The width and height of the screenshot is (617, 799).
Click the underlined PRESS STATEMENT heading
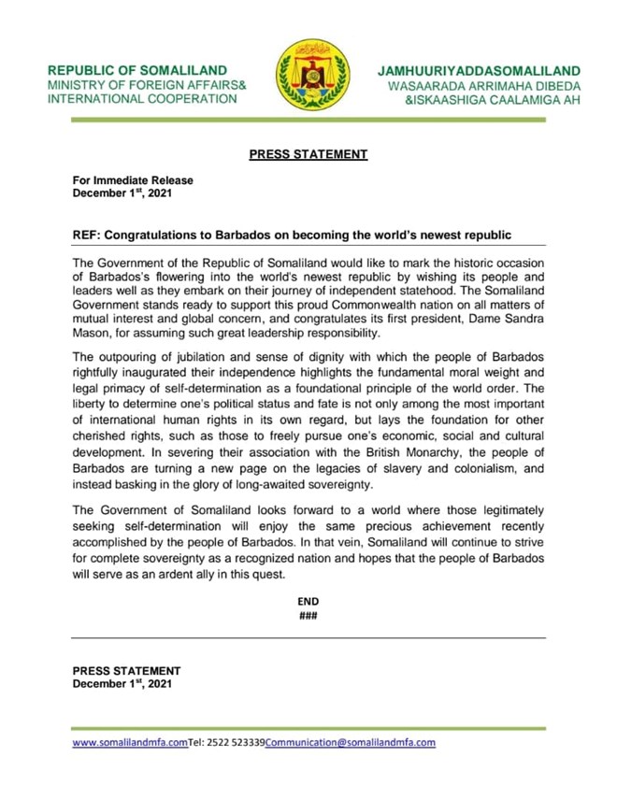click(308, 155)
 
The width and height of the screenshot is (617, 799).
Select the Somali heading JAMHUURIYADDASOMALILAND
click(479, 71)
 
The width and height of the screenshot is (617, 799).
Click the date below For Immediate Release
click(122, 194)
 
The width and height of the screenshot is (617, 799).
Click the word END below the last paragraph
click(308, 602)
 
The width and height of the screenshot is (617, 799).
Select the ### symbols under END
click(308, 616)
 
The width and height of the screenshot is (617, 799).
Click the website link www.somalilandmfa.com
click(130, 743)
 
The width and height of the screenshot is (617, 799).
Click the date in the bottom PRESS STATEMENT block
click(122, 683)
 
